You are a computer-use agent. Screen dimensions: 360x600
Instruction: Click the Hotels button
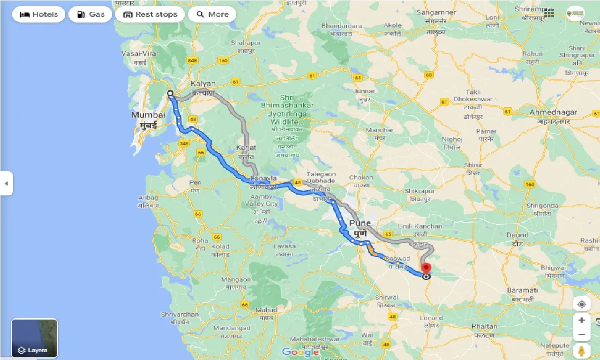point(38,15)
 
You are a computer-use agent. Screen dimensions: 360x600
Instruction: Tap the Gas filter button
point(90,15)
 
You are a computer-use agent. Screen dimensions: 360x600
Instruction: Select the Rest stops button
point(150,15)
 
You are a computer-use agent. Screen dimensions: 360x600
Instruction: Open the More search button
point(212,15)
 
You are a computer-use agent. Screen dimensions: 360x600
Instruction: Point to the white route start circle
point(171,93)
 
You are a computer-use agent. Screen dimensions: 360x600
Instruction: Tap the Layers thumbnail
point(34,338)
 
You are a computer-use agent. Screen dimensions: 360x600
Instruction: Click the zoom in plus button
point(582,320)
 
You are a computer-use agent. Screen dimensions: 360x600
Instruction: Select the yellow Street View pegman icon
point(582,350)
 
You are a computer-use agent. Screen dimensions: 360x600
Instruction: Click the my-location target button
point(582,304)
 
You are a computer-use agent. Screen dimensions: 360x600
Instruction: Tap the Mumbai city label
point(149,115)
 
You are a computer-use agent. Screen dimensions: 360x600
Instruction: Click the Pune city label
point(360,223)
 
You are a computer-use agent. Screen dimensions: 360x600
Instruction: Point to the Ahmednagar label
point(553,112)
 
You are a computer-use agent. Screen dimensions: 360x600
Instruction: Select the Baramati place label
point(522,291)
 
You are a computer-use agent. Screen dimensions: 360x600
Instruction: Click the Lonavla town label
point(264,179)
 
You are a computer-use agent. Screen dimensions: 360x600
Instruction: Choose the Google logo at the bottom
point(300,352)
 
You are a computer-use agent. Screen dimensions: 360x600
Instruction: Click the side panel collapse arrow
point(6,183)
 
